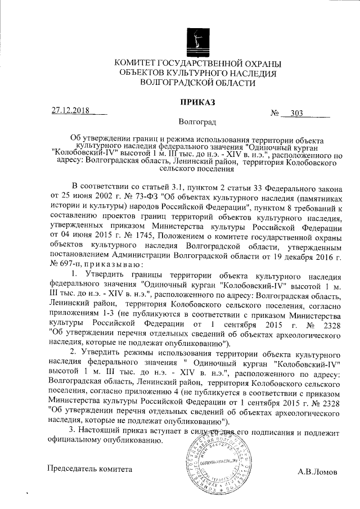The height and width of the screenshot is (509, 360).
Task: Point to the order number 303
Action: pos(297,113)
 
